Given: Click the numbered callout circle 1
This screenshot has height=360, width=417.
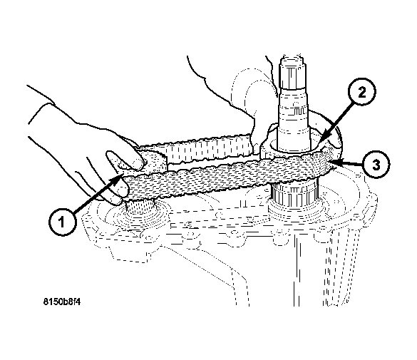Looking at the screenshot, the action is [63, 222].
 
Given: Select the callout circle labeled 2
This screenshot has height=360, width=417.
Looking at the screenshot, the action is [361, 92].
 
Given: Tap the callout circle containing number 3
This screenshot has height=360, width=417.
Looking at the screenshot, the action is [376, 165].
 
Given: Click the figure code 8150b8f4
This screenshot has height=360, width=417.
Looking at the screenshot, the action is [62, 302].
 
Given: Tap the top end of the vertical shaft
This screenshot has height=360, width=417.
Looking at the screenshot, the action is [292, 56].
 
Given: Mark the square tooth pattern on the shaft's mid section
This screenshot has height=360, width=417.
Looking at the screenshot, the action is [299, 110].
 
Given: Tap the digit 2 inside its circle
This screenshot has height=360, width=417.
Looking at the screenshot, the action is [361, 92].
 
